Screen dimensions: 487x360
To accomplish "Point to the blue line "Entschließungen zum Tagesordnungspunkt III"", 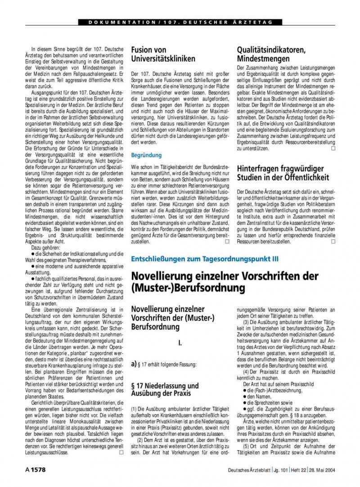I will (x=204, y=259).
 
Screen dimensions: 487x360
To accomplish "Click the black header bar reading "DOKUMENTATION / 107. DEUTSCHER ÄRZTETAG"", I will (x=180, y=22).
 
